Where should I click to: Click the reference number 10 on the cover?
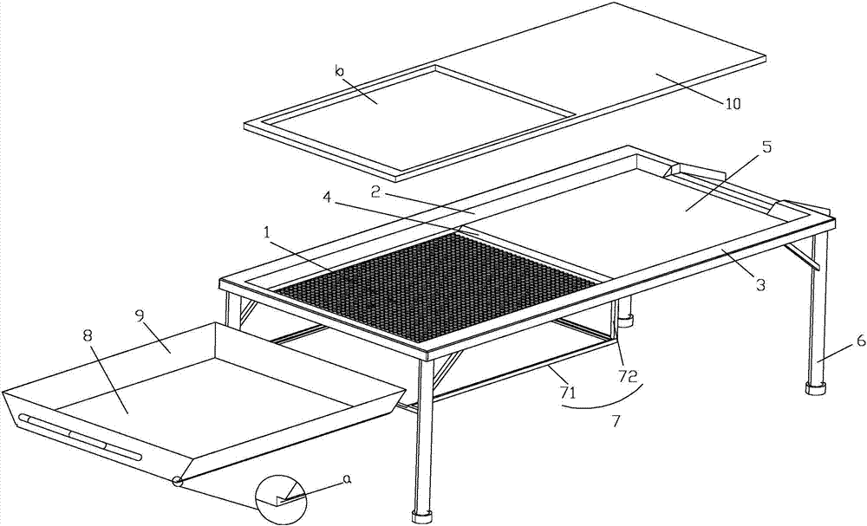(733, 103)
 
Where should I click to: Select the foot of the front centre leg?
(422, 517)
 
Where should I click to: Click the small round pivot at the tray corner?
(176, 481)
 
